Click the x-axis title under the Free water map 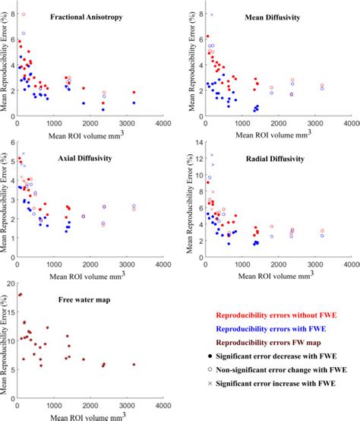(x=87, y=415)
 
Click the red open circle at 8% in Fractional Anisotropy (x=24, y=14)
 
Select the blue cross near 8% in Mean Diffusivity (x=212, y=14)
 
